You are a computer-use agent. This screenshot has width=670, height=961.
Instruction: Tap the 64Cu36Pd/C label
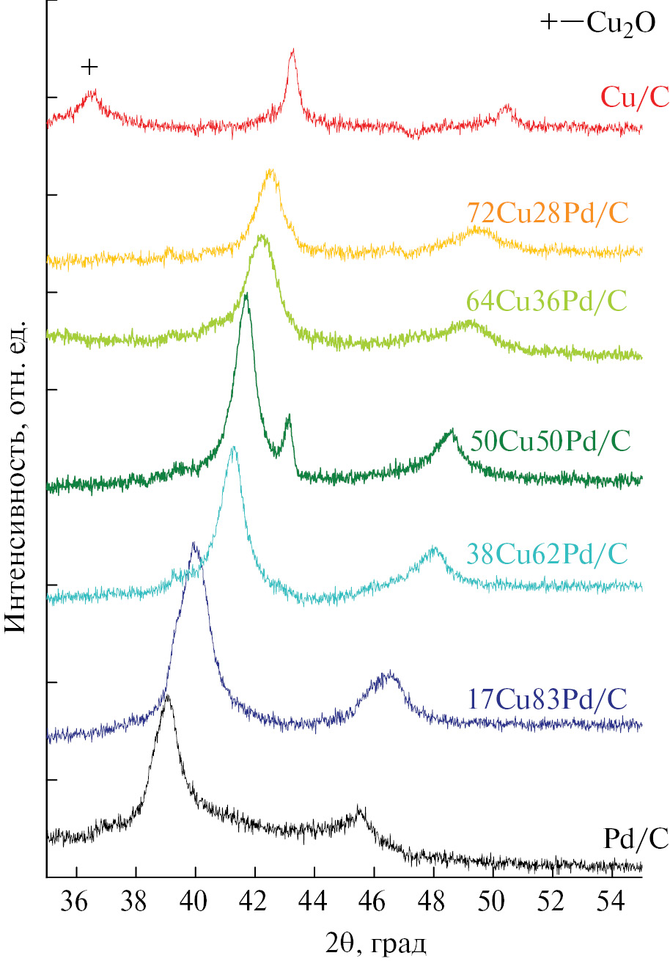pyautogui.click(x=548, y=302)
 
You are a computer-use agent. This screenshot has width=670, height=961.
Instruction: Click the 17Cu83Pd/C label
pyautogui.click(x=546, y=698)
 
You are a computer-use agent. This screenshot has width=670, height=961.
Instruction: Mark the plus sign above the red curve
pyautogui.click(x=89, y=67)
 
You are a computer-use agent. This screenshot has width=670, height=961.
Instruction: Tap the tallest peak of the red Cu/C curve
pyautogui.click(x=292, y=51)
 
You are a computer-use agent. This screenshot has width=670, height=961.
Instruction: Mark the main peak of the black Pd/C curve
pyautogui.click(x=168, y=695)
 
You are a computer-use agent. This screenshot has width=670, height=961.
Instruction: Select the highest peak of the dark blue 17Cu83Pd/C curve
pyautogui.click(x=194, y=544)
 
